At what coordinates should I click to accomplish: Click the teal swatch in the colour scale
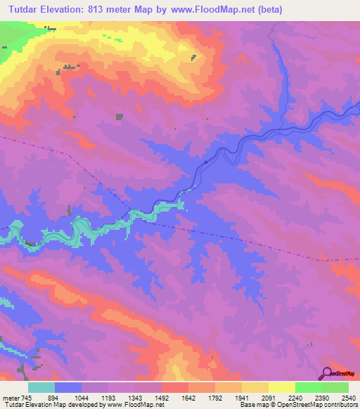[41, 387]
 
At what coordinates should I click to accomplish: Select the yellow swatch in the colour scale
[281, 387]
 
